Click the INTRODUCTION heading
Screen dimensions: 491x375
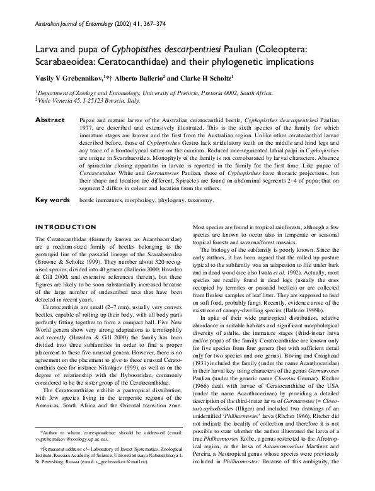point(66,227)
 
